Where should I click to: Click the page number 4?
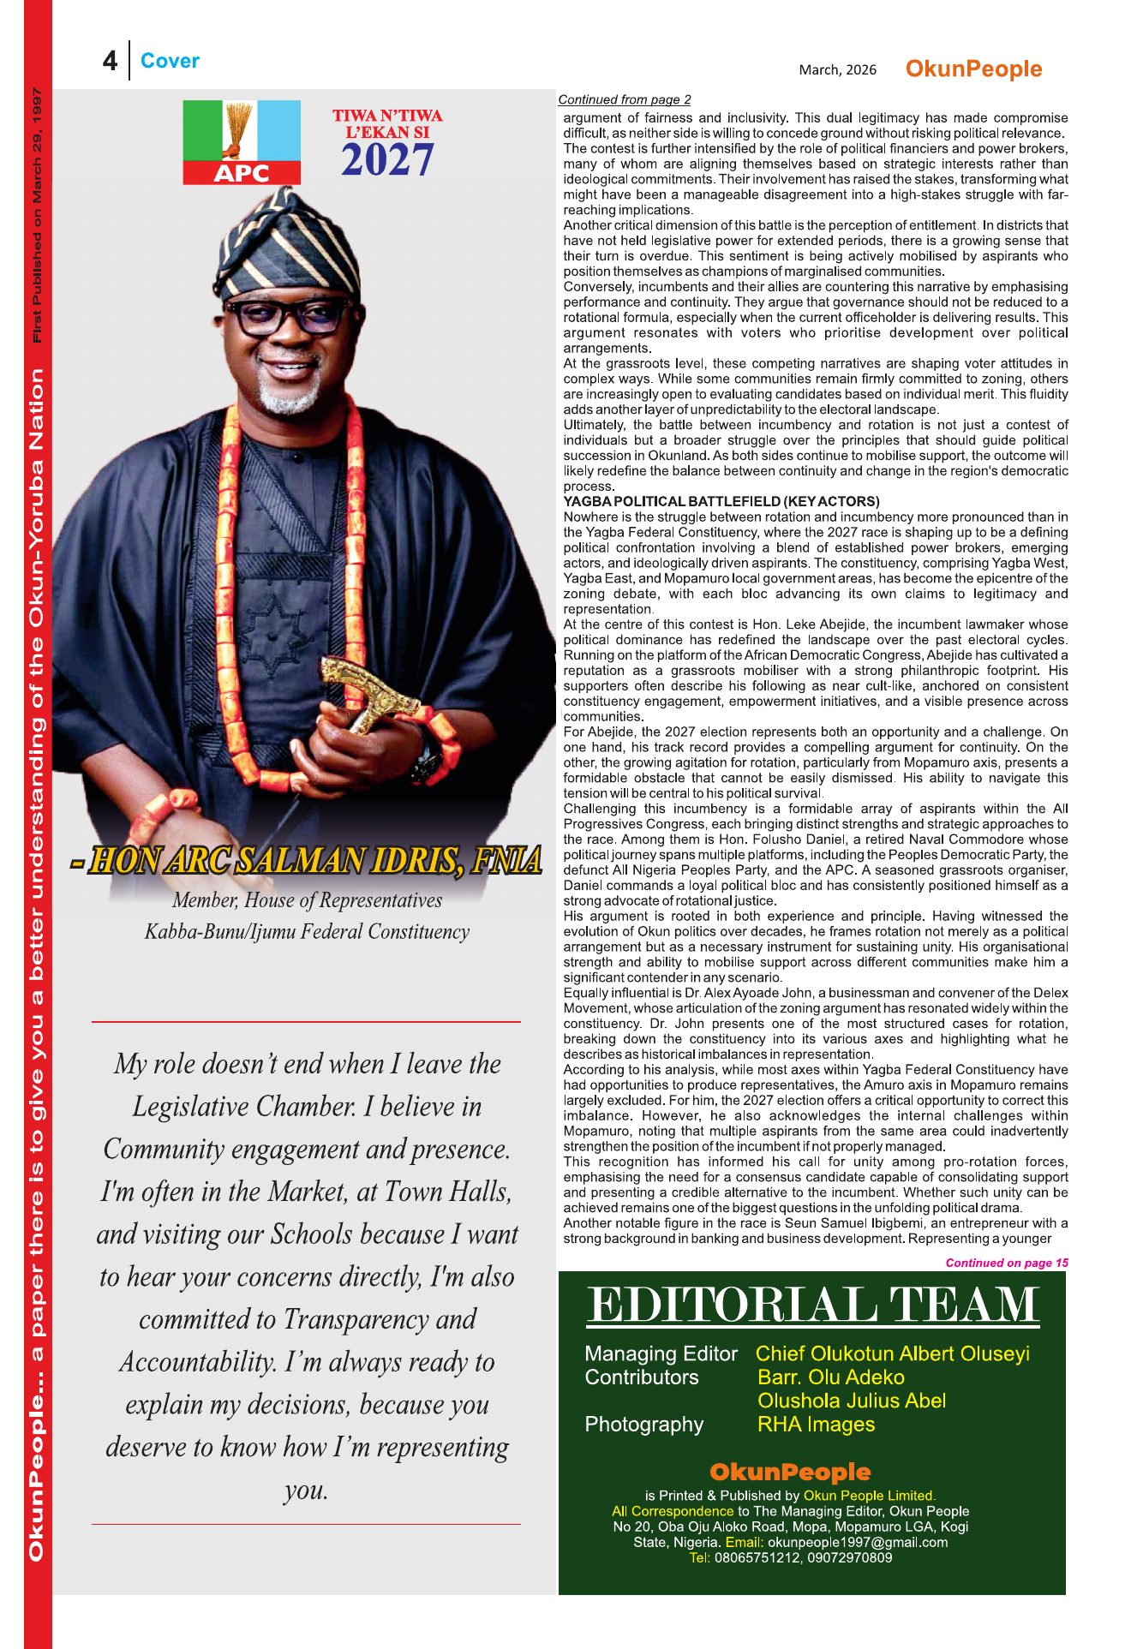(110, 61)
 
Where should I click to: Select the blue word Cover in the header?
(170, 61)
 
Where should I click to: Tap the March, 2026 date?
(837, 69)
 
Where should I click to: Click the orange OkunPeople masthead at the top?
(973, 69)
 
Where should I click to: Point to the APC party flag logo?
(242, 142)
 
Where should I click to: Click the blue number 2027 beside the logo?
(387, 160)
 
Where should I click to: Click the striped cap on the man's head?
(290, 244)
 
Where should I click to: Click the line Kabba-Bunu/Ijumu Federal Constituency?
(307, 932)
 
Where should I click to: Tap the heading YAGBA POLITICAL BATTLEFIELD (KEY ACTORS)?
(721, 501)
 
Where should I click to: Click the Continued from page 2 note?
(624, 99)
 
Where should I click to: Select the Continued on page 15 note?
(1006, 1263)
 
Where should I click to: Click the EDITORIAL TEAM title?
(812, 1306)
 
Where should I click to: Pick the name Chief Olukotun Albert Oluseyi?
(892, 1353)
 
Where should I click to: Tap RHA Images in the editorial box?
(816, 1425)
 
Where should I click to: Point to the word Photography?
(643, 1425)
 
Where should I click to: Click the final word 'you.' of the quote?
(306, 1491)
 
